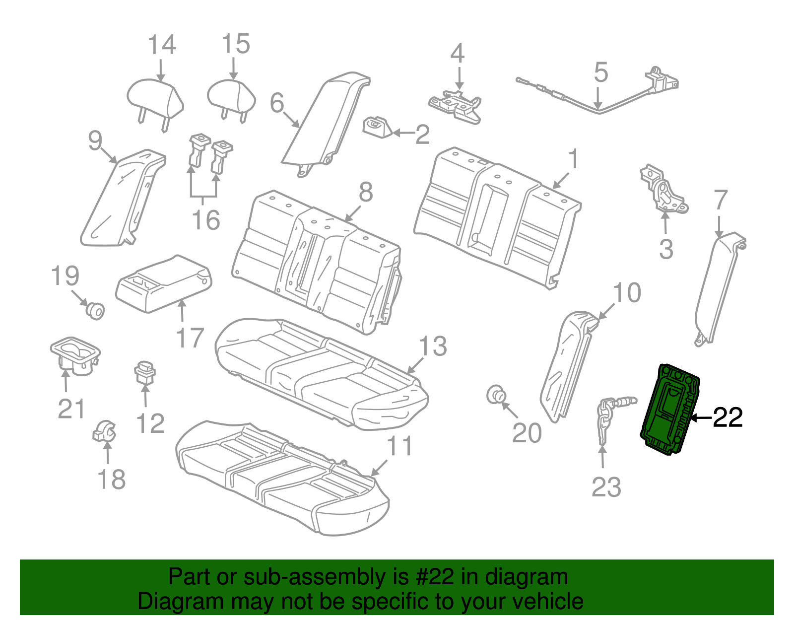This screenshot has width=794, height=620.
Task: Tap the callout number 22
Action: point(728,417)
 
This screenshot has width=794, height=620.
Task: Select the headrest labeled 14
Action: point(155,99)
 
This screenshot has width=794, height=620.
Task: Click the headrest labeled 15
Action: point(232,97)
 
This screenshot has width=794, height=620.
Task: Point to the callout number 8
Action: point(366,192)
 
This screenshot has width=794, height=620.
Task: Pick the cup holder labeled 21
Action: point(75,356)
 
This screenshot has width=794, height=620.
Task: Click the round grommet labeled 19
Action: point(95,310)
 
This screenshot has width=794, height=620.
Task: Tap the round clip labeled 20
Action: point(496,395)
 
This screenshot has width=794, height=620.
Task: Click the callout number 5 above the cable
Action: point(601,72)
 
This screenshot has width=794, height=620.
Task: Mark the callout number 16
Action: point(206,220)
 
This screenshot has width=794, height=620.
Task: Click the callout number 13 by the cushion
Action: point(433,346)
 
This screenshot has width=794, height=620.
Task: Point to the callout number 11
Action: point(399,446)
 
